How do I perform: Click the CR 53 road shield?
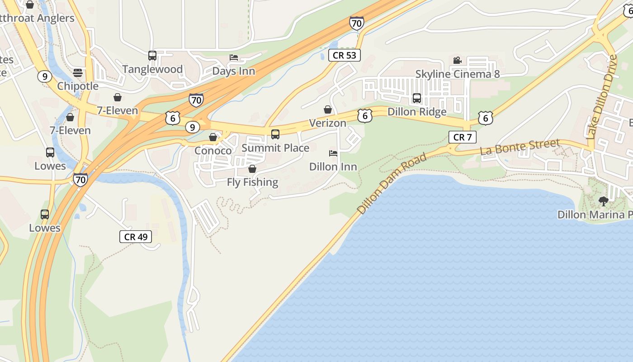[344, 55]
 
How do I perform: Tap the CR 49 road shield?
[136, 237]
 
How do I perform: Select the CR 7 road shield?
[462, 137]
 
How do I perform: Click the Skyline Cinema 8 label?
[458, 74]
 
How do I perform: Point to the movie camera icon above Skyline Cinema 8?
[457, 60]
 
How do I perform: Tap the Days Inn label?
[234, 71]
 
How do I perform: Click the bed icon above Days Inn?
[234, 57]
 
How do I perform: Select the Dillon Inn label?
[333, 167]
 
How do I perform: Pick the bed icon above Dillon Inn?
[333, 153]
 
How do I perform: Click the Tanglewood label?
[152, 69]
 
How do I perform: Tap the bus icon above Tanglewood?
[152, 56]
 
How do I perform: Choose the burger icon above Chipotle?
[78, 72]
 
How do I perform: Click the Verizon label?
[328, 123]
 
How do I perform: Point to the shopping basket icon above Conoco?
[213, 137]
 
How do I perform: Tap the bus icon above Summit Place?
[275, 134]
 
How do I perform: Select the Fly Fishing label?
[252, 182]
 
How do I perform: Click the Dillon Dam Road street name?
[392, 184]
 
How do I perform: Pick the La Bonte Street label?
[520, 147]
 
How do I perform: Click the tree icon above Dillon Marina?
[603, 201]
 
